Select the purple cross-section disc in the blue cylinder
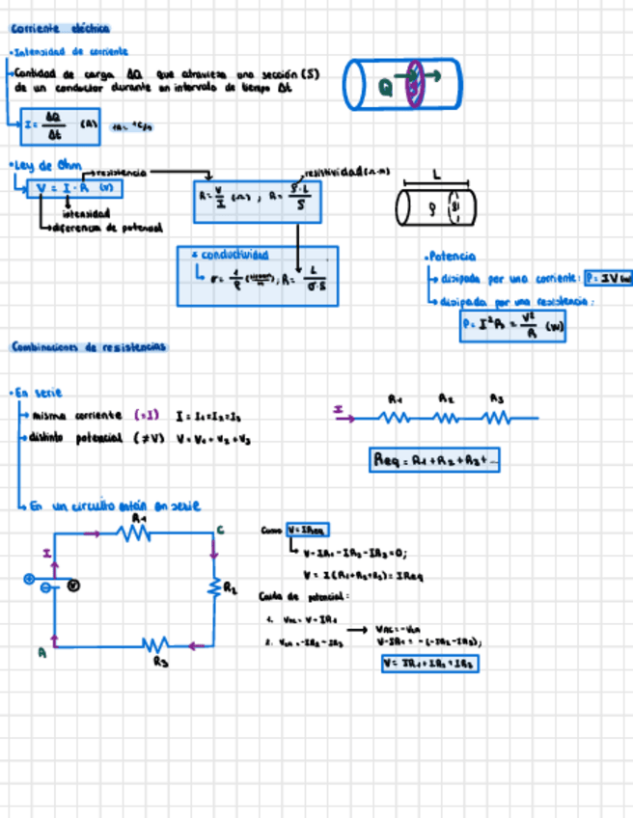(416, 84)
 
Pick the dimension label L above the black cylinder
(435, 176)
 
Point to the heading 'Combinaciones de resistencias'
(88, 345)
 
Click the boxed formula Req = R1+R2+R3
(435, 461)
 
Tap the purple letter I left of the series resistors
(339, 410)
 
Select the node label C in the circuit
(220, 530)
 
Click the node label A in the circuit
(42, 652)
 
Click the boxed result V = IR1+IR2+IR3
(430, 664)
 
